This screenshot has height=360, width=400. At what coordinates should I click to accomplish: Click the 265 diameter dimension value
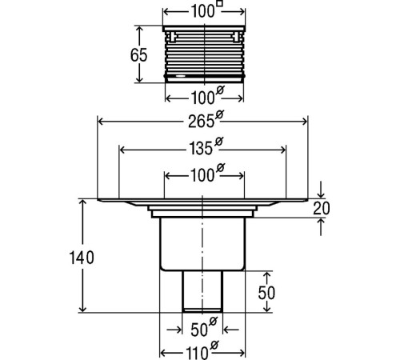coord(201,122)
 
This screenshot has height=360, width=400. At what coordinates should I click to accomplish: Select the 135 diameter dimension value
coord(201,149)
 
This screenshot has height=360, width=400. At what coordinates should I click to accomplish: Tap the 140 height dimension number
coord(82,258)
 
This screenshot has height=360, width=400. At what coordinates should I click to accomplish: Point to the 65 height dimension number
coord(138,55)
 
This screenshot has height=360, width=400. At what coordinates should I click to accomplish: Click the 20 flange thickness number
coord(322,209)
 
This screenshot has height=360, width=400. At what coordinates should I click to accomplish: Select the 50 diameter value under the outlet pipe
coord(199,330)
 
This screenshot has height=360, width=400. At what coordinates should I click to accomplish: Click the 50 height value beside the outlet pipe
coord(266,293)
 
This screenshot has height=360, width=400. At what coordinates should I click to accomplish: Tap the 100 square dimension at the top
coord(203,12)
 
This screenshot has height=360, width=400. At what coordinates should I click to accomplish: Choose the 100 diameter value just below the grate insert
coord(203,98)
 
